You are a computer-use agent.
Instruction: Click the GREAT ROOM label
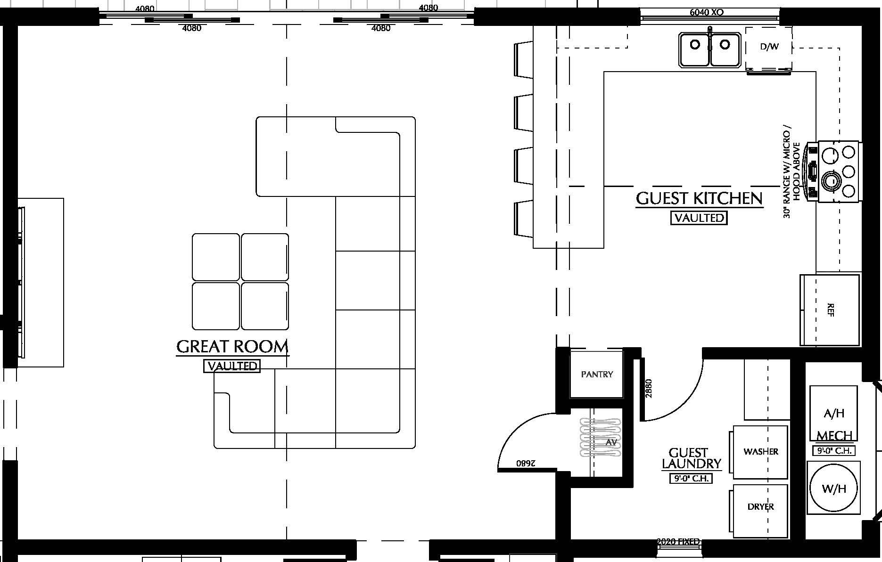click(232, 347)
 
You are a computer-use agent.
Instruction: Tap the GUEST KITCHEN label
click(699, 198)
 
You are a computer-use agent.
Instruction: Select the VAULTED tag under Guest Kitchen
click(699, 218)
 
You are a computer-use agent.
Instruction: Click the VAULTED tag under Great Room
click(232, 366)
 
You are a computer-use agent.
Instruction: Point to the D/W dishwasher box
click(769, 47)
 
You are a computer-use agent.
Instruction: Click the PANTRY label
click(597, 375)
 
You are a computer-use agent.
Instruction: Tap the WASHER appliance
click(760, 451)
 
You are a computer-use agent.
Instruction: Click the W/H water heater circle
click(833, 488)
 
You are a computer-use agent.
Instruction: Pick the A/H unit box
click(833, 413)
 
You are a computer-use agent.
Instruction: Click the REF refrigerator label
click(831, 310)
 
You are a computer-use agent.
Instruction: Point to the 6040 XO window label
click(706, 12)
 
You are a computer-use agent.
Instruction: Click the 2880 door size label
click(649, 388)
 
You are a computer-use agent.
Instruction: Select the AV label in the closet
click(611, 442)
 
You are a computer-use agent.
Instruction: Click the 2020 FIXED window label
click(678, 542)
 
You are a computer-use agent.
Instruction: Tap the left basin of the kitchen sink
click(695, 49)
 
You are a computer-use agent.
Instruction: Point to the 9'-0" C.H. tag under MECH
click(833, 451)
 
